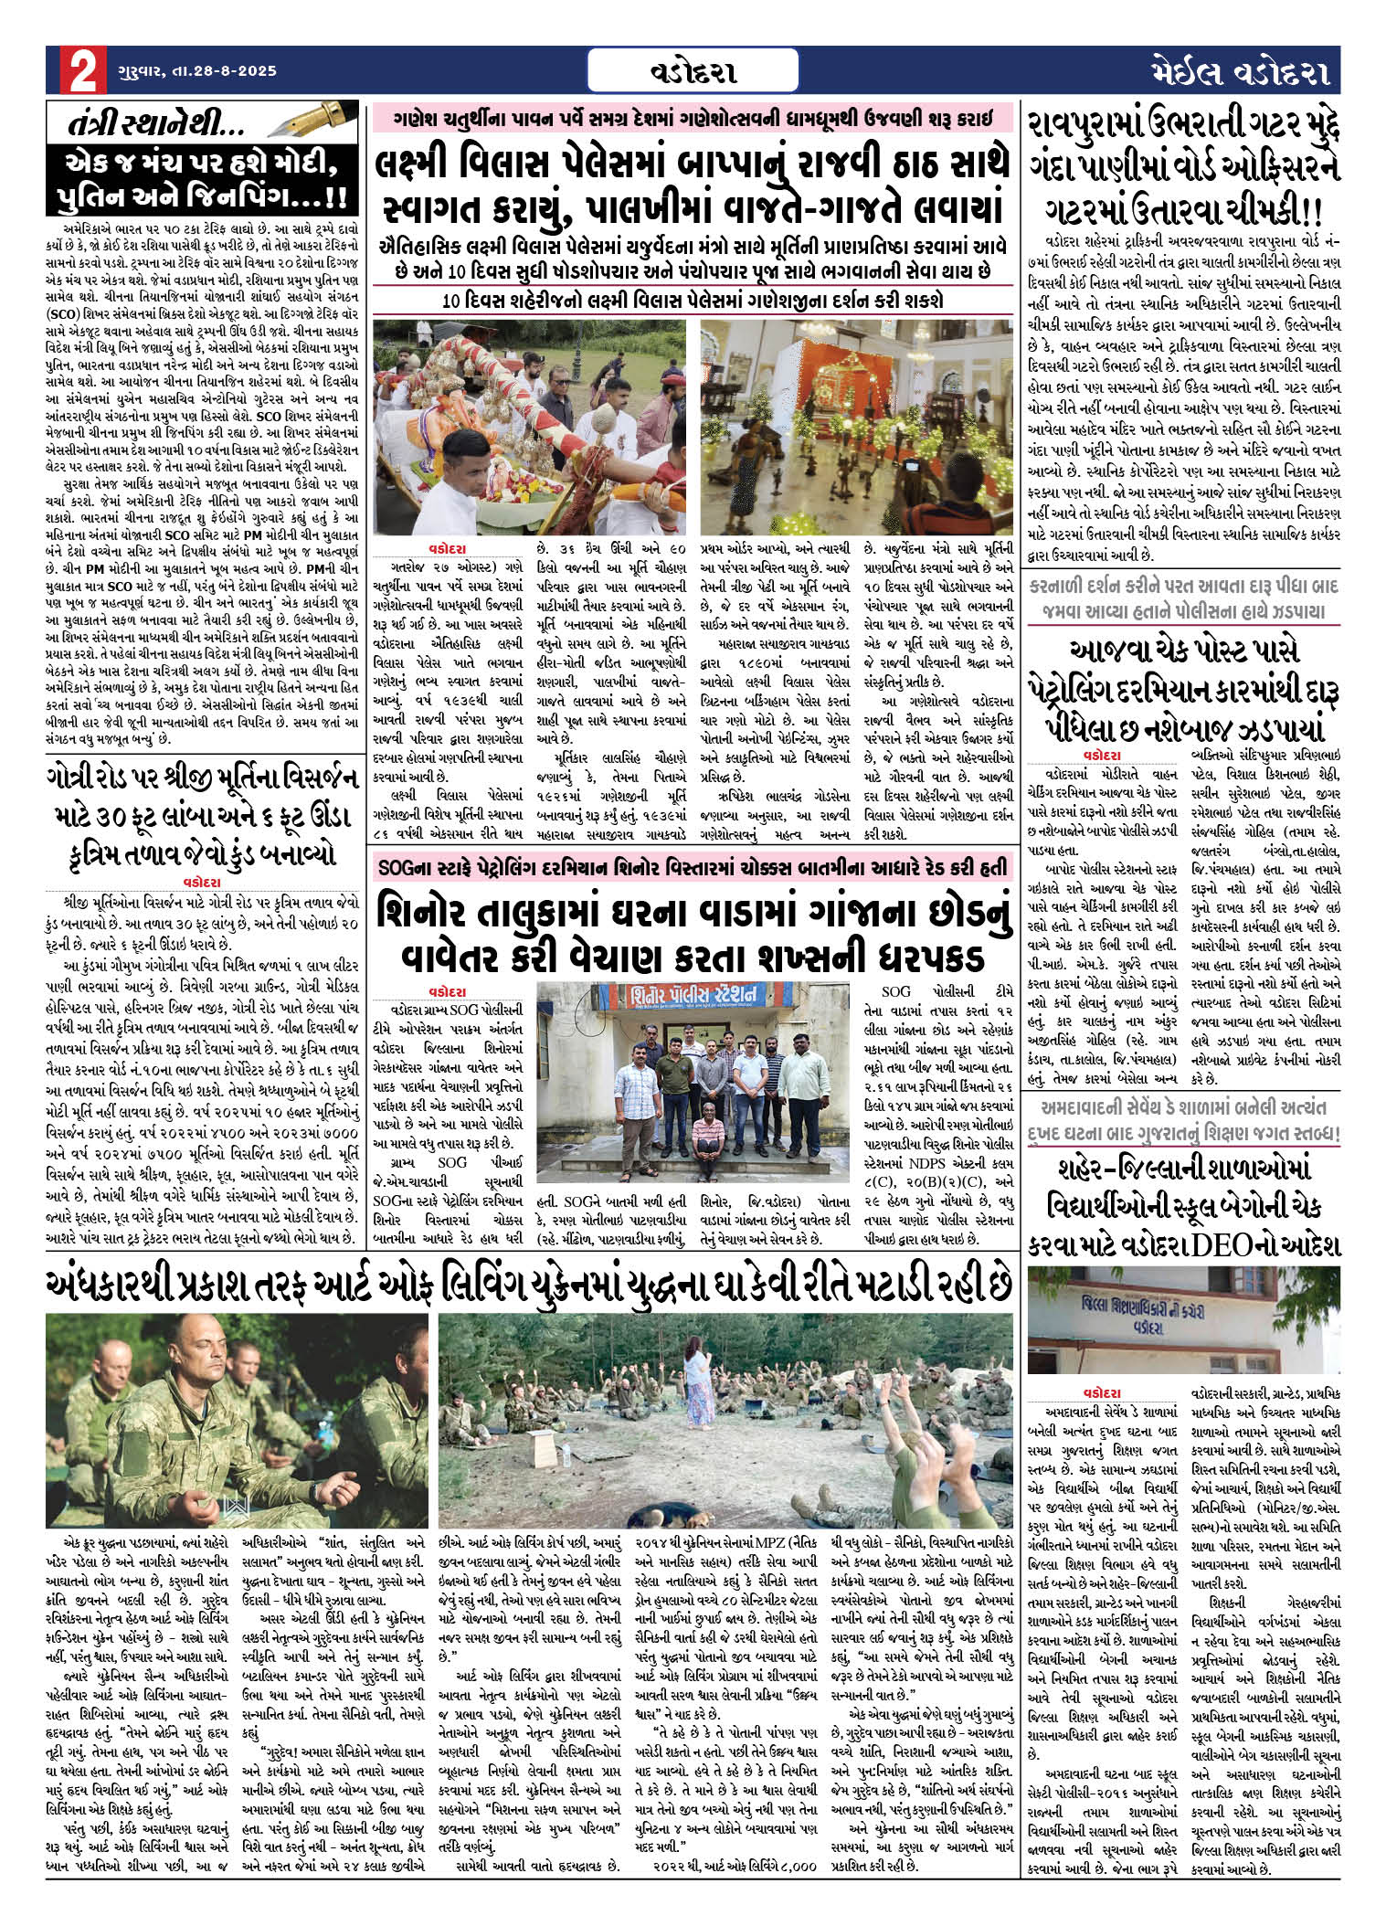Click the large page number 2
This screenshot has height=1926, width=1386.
[80, 71]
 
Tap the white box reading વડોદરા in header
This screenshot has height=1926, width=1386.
[693, 71]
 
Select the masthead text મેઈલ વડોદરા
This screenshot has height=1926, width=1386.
[1239, 71]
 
